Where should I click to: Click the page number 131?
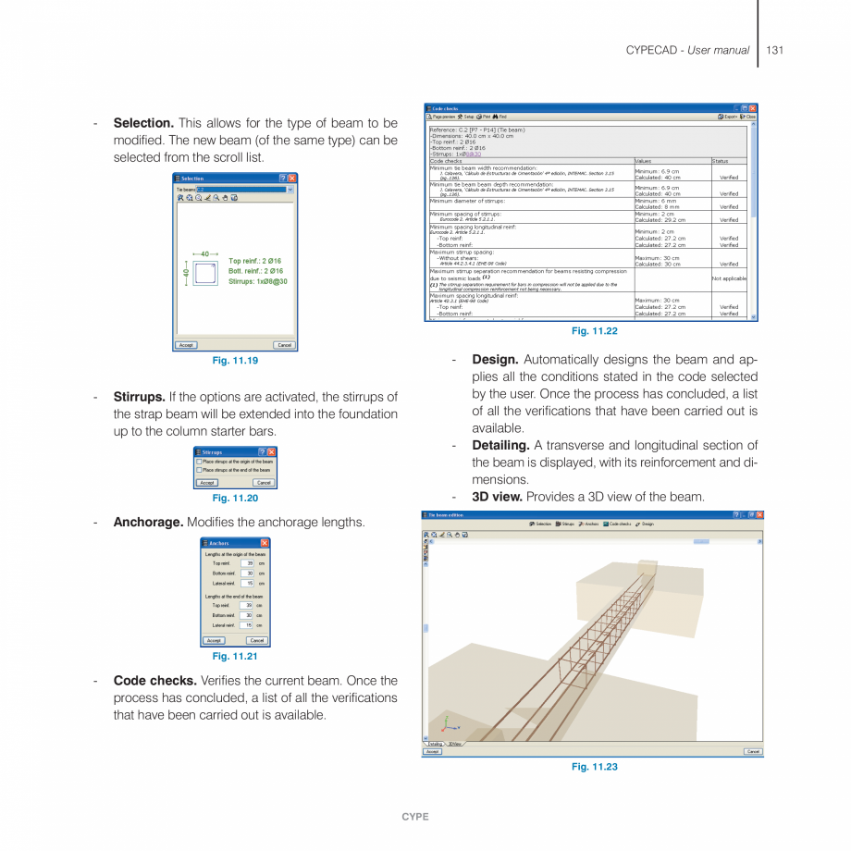774,50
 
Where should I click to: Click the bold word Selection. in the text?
143,123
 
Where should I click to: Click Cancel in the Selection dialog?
284,345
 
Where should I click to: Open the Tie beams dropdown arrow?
290,189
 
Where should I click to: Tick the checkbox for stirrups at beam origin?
199,461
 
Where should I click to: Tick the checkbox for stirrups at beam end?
199,470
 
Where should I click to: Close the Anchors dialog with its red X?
265,543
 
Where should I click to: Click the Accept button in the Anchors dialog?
214,640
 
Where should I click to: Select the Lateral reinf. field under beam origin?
247,584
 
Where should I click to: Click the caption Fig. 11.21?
235,657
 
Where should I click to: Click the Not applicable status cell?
728,277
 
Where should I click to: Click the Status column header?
720,160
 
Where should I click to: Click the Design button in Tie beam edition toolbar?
645,524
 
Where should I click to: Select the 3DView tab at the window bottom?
455,744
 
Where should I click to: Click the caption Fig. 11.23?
594,767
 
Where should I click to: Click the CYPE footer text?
414,817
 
